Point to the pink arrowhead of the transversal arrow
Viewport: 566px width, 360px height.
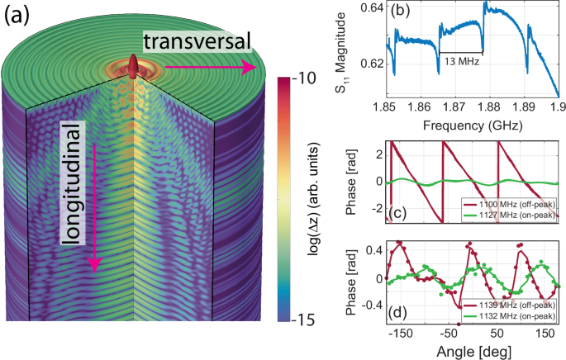click(x=249, y=69)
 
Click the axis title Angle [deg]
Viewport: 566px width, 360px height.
click(x=473, y=352)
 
